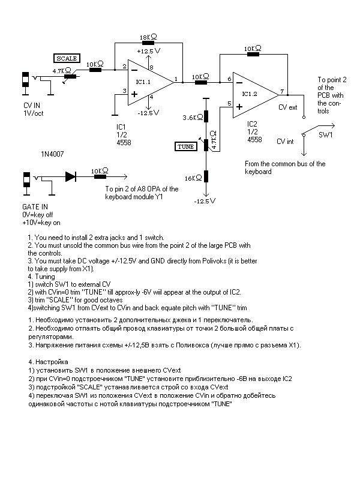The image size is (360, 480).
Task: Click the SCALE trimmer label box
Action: pos(67,58)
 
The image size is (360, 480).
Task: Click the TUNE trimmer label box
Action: pos(185,146)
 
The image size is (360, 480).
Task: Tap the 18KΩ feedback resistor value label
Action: pos(148,37)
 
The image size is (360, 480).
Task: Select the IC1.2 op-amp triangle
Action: pos(256,95)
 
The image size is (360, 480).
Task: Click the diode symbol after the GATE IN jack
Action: pos(70,176)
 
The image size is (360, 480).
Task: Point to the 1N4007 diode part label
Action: pos(52,154)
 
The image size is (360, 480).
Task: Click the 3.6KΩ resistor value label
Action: pos(193,117)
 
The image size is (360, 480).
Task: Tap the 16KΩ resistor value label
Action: pos(193,178)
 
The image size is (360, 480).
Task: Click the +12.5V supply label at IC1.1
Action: pos(149,51)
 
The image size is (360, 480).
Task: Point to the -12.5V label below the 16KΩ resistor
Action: pos(205,201)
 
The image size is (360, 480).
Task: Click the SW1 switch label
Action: pos(325,135)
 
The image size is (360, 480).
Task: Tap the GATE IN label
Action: pos(35,206)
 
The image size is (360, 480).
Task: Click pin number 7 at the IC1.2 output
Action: pos(282,91)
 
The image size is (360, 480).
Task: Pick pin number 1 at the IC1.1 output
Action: pos(176,79)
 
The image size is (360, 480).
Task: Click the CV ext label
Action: pos(288,107)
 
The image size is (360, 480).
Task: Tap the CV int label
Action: pos(285,142)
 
